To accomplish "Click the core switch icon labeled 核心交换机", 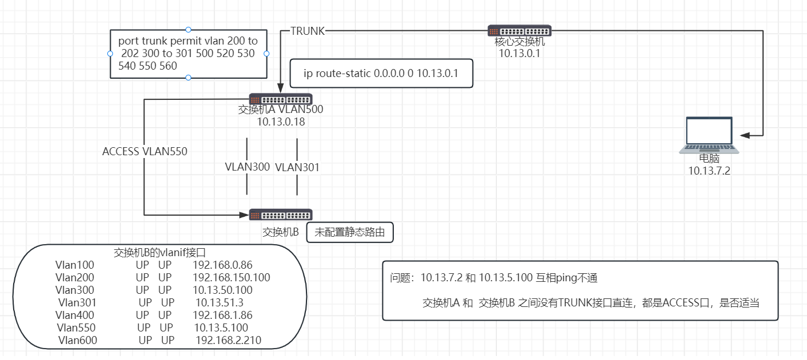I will [x=519, y=31].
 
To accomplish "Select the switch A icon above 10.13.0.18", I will [x=280, y=99].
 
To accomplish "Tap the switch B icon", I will [x=280, y=215].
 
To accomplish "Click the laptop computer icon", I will [x=709, y=135].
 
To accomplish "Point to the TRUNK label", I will [x=307, y=31].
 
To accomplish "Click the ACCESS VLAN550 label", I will [x=145, y=152].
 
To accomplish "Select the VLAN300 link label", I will [x=247, y=167].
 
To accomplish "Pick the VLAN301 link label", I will [x=297, y=168].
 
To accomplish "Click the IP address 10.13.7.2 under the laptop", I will [x=709, y=171].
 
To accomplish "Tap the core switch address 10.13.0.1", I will [x=519, y=53].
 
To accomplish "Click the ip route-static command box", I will [x=381, y=74].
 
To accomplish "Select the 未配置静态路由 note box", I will [x=350, y=232].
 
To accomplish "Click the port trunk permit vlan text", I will [x=188, y=53].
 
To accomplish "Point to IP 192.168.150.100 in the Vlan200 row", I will [x=231, y=277].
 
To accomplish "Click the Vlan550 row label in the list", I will [x=76, y=327].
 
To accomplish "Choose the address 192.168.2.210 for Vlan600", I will [x=228, y=340].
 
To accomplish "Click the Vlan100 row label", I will [x=75, y=265].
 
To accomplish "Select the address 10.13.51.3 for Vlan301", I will [x=219, y=302].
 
